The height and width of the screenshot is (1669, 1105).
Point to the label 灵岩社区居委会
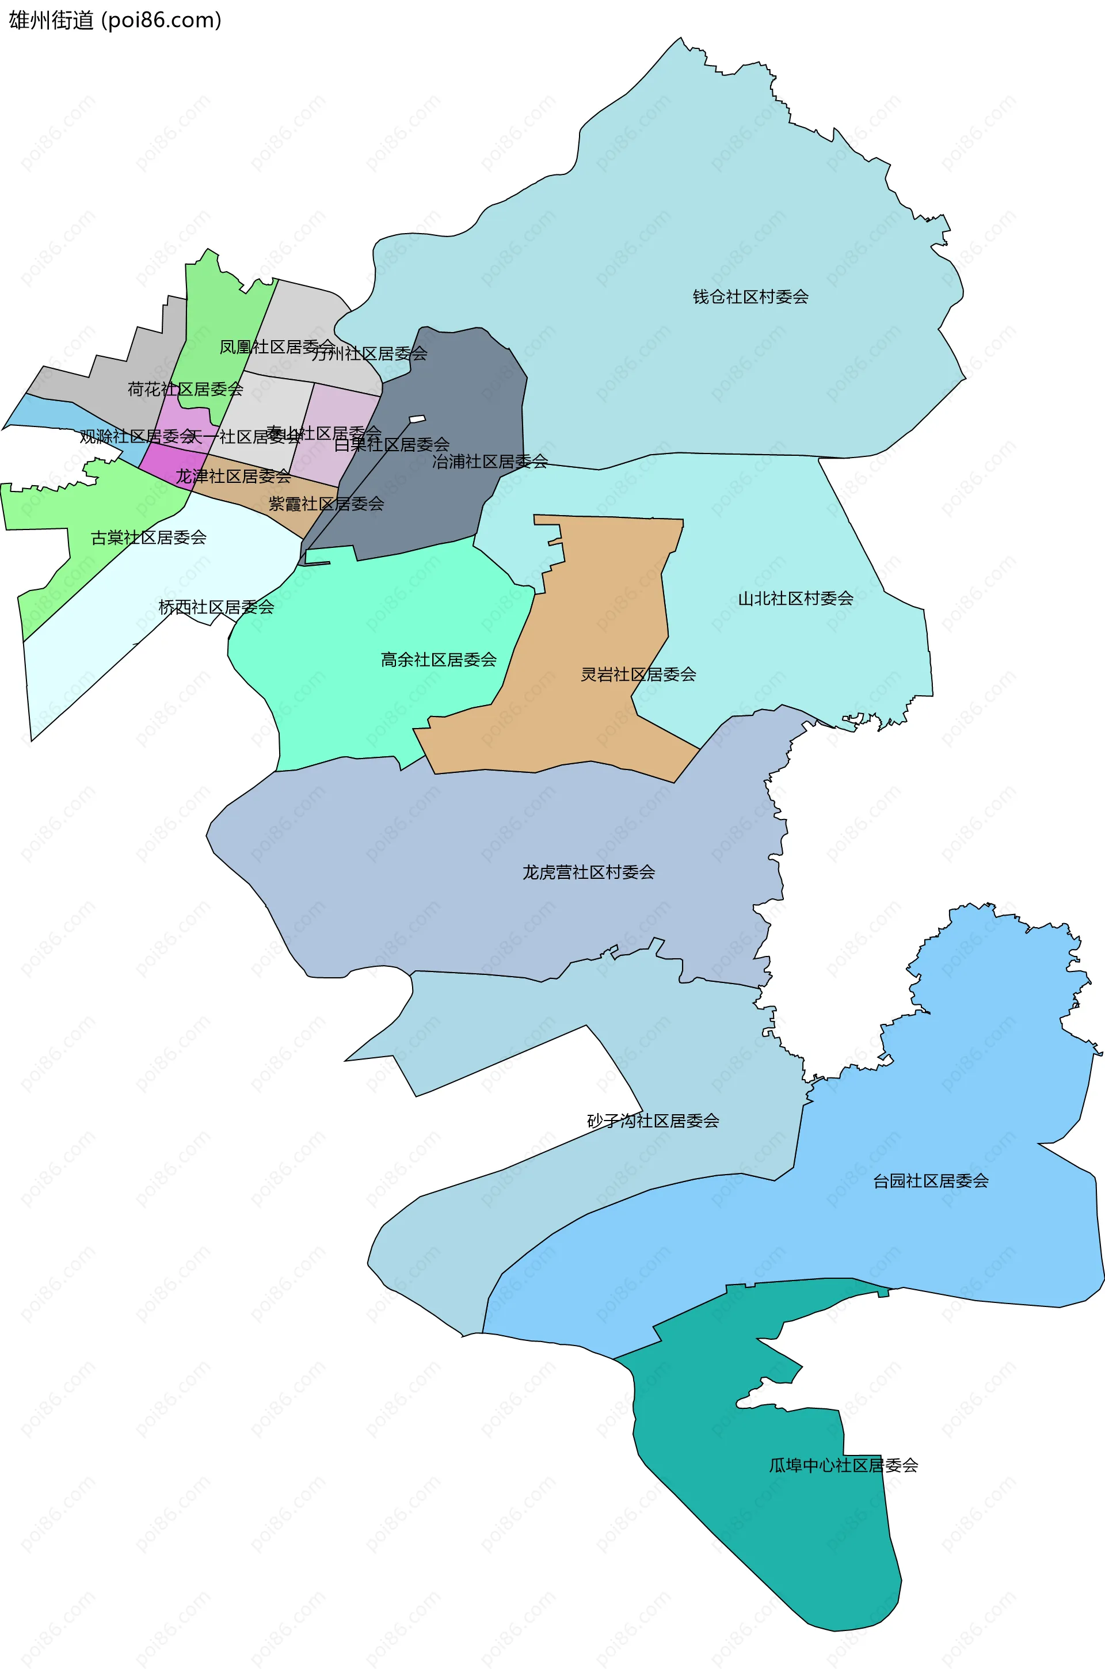(638, 675)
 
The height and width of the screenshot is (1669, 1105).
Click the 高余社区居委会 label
(439, 660)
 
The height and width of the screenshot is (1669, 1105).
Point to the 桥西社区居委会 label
(216, 607)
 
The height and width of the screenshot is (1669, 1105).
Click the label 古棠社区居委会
(148, 538)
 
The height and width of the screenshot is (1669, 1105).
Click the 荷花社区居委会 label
(185, 390)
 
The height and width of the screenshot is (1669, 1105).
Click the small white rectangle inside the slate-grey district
(417, 419)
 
